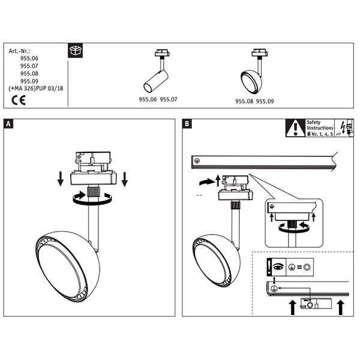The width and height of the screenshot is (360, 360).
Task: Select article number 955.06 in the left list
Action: pos(29,58)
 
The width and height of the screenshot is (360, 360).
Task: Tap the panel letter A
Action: pos(8,124)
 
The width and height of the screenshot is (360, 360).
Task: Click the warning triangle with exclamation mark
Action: pos(295,127)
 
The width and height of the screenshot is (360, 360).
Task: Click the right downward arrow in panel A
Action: pos(124,179)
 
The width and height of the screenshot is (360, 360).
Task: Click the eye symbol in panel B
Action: pos(277,266)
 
